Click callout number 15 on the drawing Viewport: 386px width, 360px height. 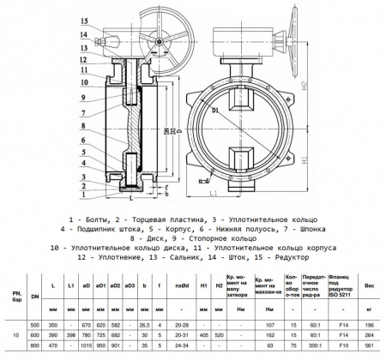[x=85, y=19]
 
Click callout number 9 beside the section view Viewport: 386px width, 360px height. [x=85, y=98]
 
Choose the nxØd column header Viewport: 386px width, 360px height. [x=182, y=285]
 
